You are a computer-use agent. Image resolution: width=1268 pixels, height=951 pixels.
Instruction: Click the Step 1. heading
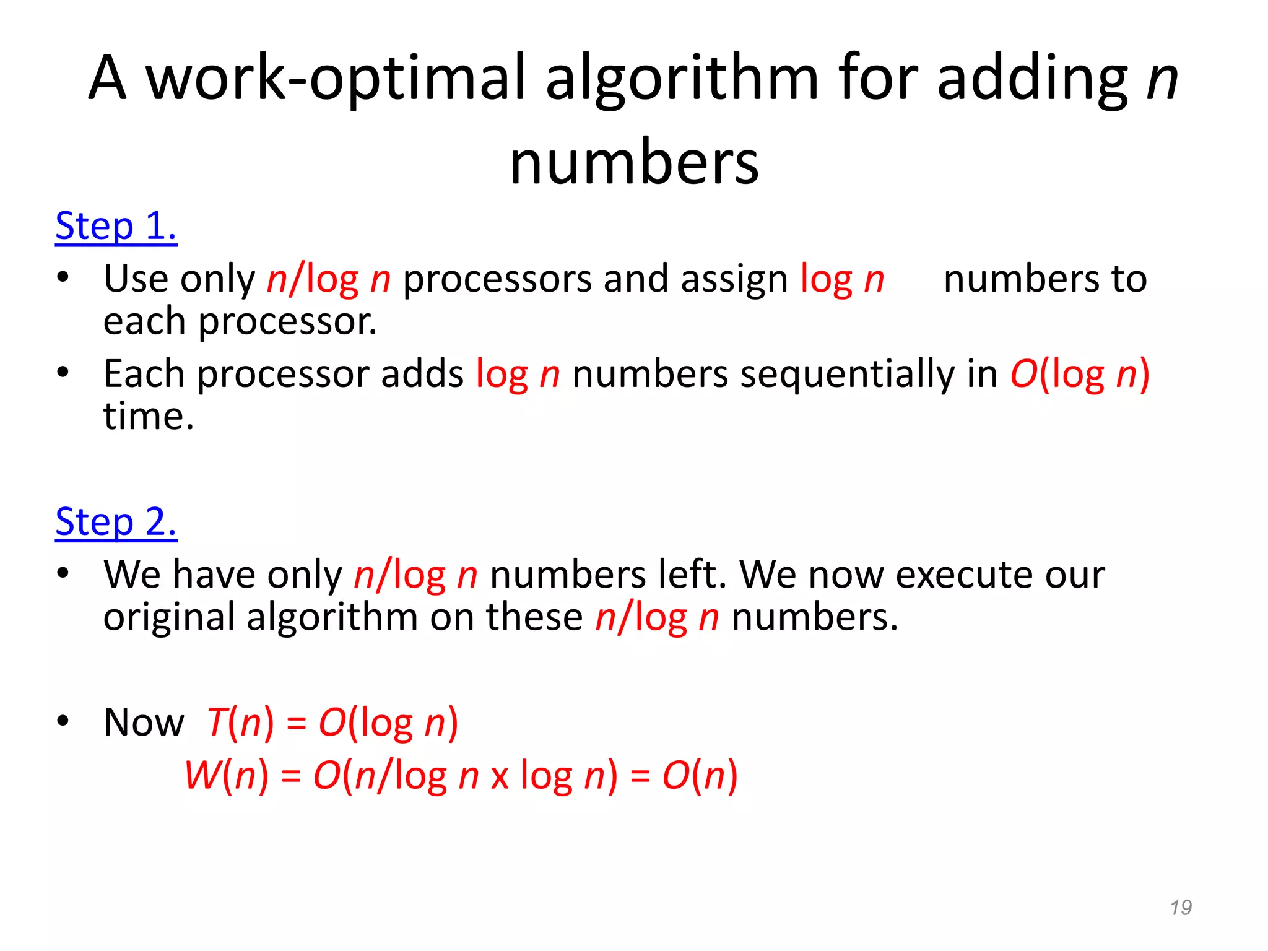pyautogui.click(x=116, y=226)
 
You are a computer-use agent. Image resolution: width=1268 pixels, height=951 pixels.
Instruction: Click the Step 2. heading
pyautogui.click(x=116, y=522)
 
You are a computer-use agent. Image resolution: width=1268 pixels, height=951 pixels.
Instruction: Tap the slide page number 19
pyautogui.click(x=1181, y=908)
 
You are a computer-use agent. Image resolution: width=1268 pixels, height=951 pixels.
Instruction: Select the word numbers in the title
pyautogui.click(x=634, y=163)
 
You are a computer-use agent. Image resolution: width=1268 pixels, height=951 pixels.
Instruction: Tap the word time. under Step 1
pyautogui.click(x=149, y=416)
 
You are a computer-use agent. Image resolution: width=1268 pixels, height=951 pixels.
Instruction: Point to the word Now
pyautogui.click(x=144, y=723)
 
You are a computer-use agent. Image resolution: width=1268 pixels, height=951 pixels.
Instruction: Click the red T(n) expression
pyautogui.click(x=240, y=723)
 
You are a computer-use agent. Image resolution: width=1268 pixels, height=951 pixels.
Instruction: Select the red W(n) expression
pyautogui.click(x=227, y=775)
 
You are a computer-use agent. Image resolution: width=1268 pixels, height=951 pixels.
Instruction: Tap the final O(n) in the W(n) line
pyautogui.click(x=700, y=775)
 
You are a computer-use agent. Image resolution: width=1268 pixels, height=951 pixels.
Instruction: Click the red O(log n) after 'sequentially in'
pyautogui.click(x=1080, y=375)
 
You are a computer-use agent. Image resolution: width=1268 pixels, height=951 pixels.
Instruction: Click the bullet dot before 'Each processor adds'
pyautogui.click(x=63, y=373)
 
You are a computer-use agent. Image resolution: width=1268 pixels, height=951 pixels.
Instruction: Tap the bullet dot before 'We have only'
pyautogui.click(x=63, y=573)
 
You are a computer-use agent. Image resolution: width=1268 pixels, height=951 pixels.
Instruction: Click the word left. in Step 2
pyautogui.click(x=692, y=575)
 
